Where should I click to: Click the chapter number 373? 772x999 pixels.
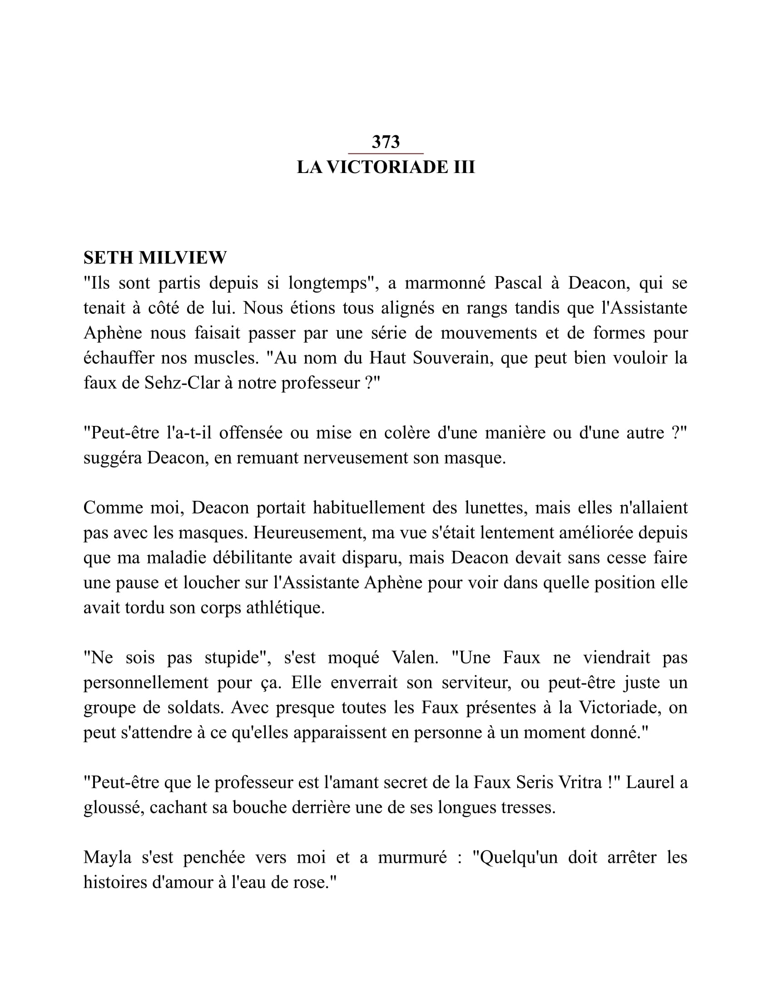pyautogui.click(x=386, y=142)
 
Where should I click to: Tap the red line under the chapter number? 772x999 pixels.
pyautogui.click(x=386, y=153)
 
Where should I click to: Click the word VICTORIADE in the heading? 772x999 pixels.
pyautogui.click(x=387, y=167)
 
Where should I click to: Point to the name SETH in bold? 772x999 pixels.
pyautogui.click(x=108, y=258)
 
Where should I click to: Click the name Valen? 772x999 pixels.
pyautogui.click(x=415, y=658)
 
